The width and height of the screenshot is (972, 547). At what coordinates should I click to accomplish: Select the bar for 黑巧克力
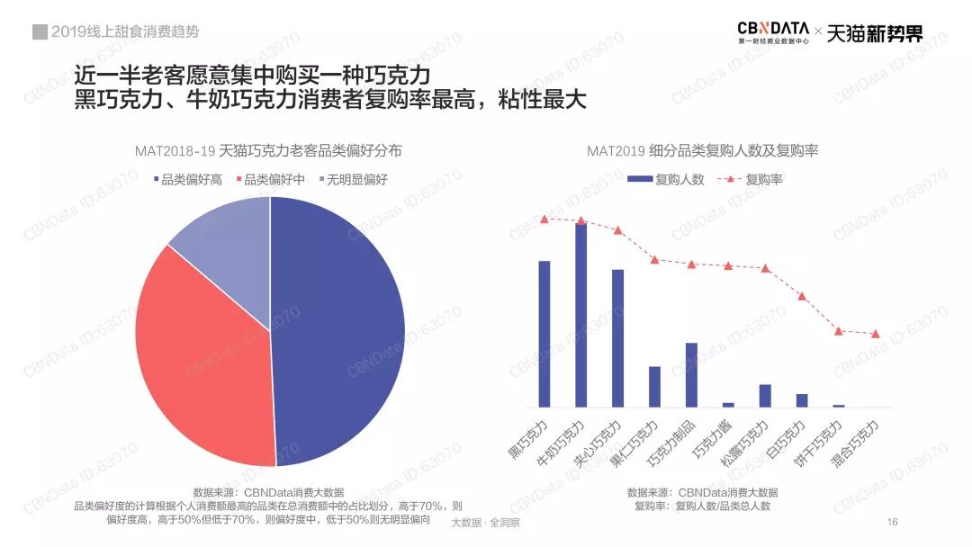pos(544,333)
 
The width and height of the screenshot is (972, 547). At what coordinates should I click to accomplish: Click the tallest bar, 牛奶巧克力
pos(581,315)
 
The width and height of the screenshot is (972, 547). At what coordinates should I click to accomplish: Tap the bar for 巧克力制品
pos(691,374)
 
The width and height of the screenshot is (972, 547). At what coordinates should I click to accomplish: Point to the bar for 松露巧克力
pos(765,396)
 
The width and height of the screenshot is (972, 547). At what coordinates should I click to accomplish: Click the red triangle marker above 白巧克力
pos(802,295)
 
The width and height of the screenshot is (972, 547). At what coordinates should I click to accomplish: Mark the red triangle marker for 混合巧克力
pos(876,334)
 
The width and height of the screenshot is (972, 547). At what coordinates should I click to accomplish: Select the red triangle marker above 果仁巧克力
pos(654,259)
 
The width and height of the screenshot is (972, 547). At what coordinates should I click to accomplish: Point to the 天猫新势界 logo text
pos(874,33)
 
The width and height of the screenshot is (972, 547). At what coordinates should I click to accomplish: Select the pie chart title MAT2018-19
pos(268,151)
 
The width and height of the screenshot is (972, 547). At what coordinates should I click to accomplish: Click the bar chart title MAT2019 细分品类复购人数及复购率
pos(702,151)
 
